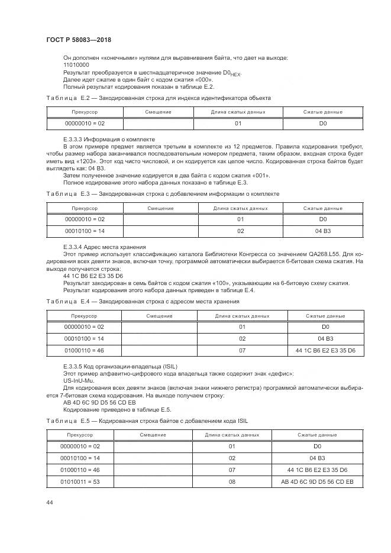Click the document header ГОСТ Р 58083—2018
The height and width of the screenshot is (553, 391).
pyautogui.click(x=78, y=40)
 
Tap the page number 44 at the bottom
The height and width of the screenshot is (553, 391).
pyautogui.click(x=49, y=502)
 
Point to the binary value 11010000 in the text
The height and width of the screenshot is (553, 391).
pyautogui.click(x=76, y=64)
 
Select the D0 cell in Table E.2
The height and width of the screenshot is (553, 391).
pyautogui.click(x=323, y=124)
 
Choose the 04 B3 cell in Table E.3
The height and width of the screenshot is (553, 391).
pyautogui.click(x=323, y=231)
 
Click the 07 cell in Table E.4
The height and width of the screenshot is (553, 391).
pyautogui.click(x=242, y=351)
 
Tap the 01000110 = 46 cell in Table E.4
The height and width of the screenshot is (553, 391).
pyautogui.click(x=84, y=351)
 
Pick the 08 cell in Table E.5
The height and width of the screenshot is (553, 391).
pyautogui.click(x=232, y=483)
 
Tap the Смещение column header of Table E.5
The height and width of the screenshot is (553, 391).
pyautogui.click(x=153, y=435)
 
